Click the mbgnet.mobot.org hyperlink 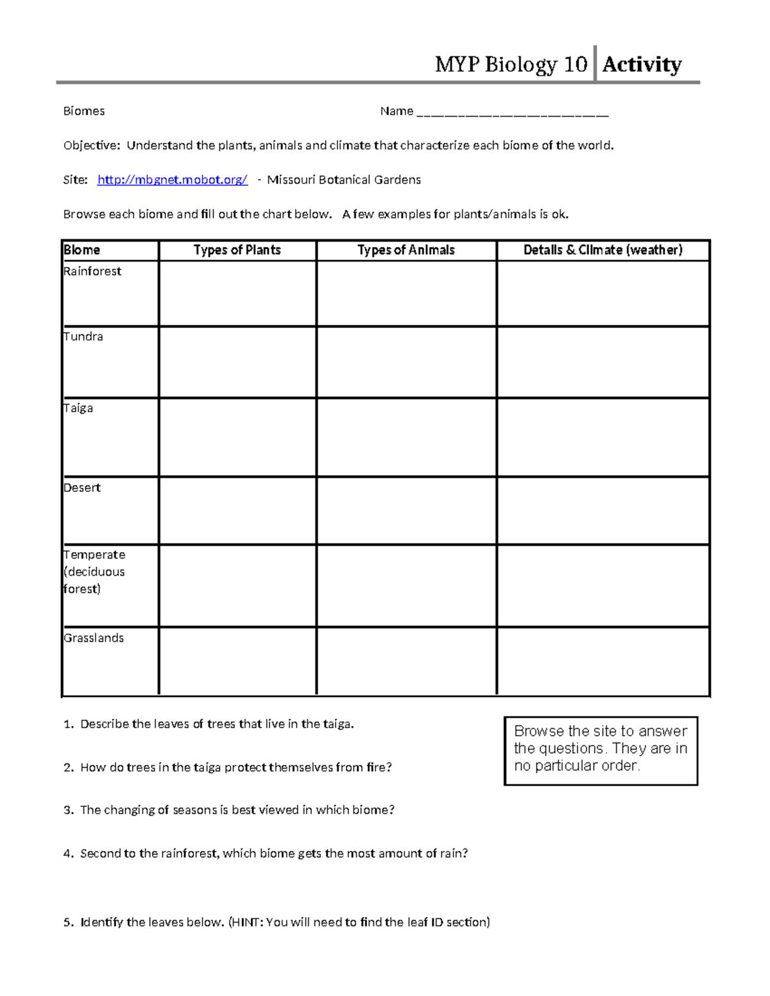pos(172,180)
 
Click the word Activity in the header pos(641,64)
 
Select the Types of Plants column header pos(237,250)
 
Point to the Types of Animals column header pos(406,250)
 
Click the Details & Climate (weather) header pos(603,250)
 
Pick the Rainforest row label pos(92,271)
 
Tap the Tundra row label pos(83,337)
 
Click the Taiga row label pos(78,409)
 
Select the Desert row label pos(82,488)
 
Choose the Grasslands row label pos(94,638)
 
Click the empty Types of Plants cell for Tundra pos(237,362)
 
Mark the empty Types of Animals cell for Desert pos(406,511)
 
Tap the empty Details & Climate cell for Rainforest pos(603,293)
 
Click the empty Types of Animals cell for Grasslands pos(406,661)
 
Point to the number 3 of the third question pos(67,811)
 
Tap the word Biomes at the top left pos(84,112)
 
